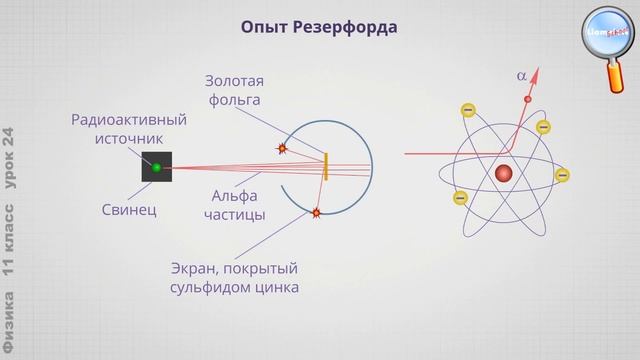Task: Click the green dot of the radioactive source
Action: [x=156, y=167]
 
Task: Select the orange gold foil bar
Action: [x=327, y=166]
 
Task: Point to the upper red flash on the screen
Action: [x=283, y=148]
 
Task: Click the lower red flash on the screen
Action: [x=317, y=212]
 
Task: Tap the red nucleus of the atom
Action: [x=504, y=172]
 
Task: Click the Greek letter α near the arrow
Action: [x=521, y=74]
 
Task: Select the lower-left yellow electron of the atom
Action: [x=461, y=197]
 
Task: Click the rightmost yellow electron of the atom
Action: [x=562, y=175]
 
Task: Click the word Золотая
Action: [x=236, y=80]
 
